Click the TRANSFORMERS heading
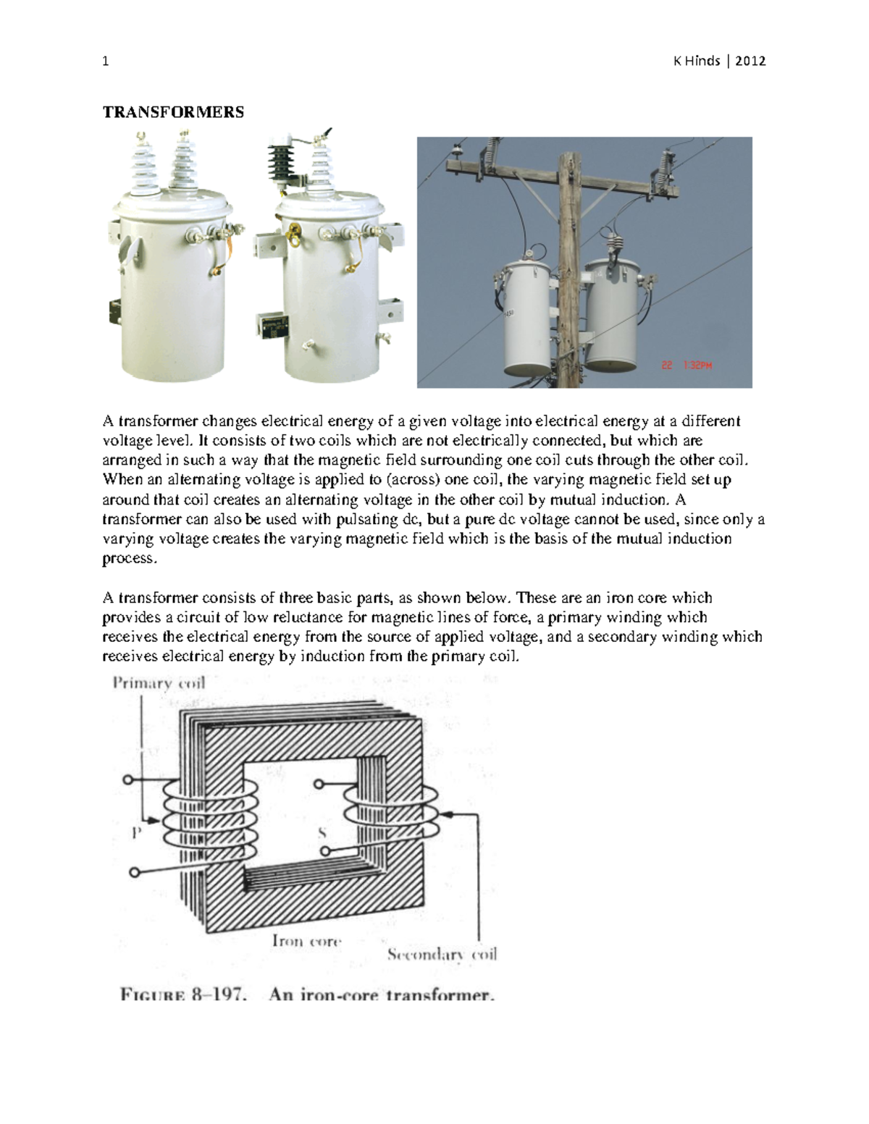pyautogui.click(x=173, y=112)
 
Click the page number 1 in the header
pyautogui.click(x=106, y=62)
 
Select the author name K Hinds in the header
pyautogui.click(x=697, y=62)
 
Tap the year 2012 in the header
pyautogui.click(x=750, y=62)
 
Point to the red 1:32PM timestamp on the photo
pyautogui.click(x=693, y=365)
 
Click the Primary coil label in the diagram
pyautogui.click(x=159, y=683)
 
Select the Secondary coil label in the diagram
pyautogui.click(x=442, y=954)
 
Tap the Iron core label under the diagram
pyautogui.click(x=306, y=941)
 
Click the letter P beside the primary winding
pyautogui.click(x=135, y=833)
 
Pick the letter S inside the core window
pyautogui.click(x=322, y=833)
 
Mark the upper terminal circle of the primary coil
pyautogui.click(x=128, y=780)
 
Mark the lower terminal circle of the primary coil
pyautogui.click(x=133, y=872)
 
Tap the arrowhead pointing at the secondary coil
pyautogui.click(x=447, y=814)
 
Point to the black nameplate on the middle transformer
pyautogui.click(x=272, y=325)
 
